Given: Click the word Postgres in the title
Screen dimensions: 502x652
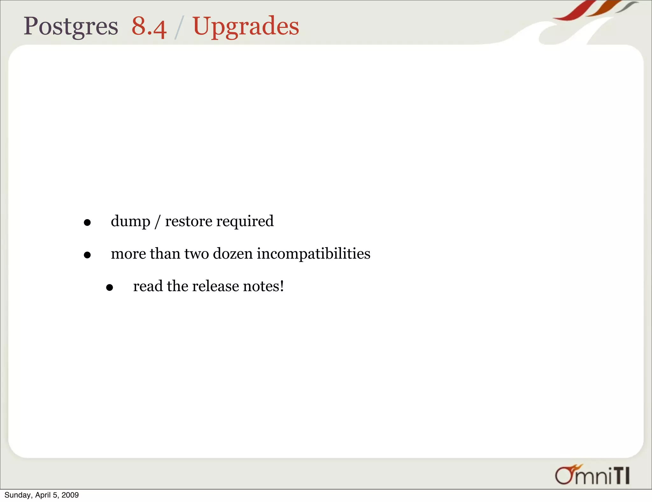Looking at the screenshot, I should point(71,26).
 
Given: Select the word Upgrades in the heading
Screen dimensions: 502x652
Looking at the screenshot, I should point(245,26).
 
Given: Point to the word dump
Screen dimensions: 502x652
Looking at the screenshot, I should point(130,221).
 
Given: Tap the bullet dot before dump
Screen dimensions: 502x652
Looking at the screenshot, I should point(87,223).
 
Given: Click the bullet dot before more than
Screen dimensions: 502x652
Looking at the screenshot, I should point(87,255).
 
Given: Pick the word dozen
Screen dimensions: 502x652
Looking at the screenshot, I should point(233,254).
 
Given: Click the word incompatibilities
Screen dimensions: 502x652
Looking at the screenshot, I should point(314,254).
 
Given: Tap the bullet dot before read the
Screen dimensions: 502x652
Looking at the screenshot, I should point(110,288).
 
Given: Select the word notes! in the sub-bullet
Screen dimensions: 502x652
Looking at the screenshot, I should point(263,286).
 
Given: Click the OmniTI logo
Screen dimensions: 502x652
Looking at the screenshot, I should point(592,475).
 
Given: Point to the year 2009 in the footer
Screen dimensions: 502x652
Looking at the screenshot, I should point(70,495).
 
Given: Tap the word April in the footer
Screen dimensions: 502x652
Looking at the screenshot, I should point(43,495).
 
